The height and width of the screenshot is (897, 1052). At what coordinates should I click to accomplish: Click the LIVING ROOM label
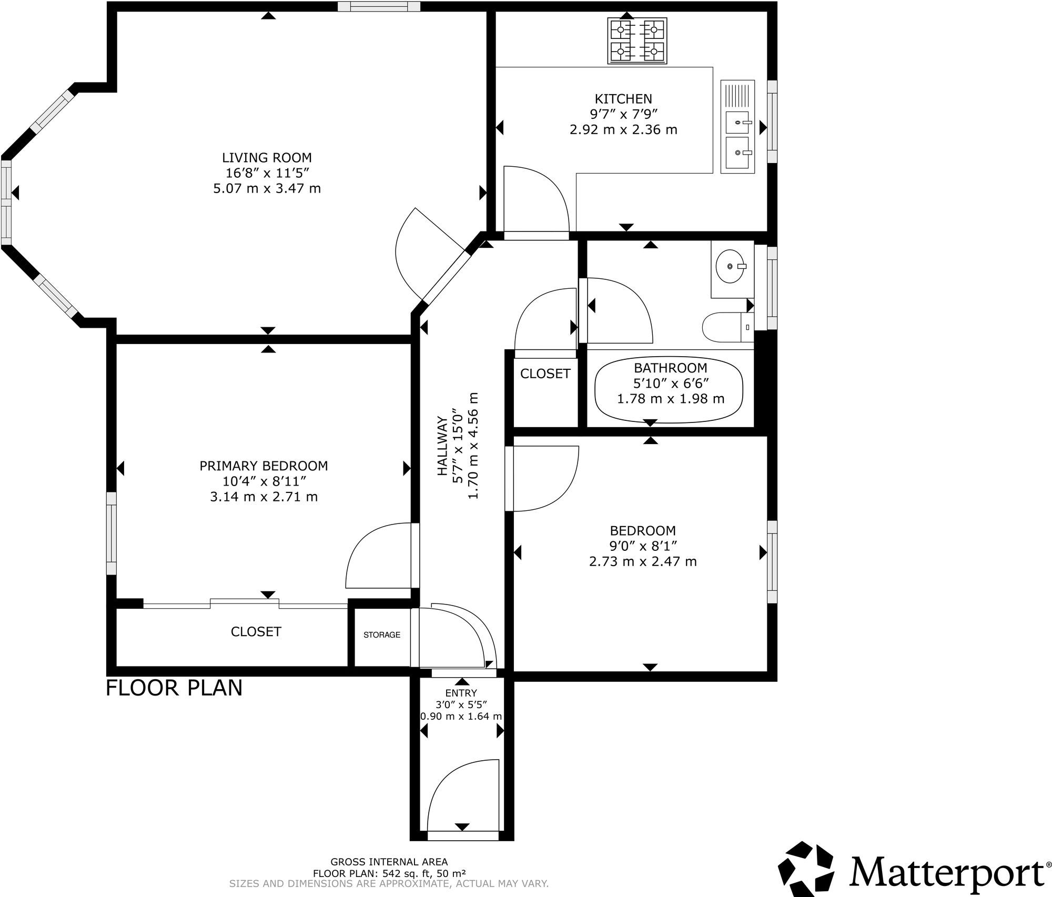coord(267,157)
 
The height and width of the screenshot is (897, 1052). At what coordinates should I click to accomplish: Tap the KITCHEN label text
coord(623,98)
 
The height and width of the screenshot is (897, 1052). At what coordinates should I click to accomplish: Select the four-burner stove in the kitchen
coord(637,41)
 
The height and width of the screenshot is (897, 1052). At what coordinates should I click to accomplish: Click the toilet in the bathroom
coord(728,326)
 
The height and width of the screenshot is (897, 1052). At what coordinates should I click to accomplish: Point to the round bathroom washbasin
coord(731,266)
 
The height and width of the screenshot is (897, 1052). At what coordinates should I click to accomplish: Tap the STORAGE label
coord(382,635)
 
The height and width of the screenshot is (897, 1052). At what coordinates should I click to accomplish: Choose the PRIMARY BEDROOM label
coord(264,466)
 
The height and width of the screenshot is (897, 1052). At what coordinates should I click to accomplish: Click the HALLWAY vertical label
coord(442,446)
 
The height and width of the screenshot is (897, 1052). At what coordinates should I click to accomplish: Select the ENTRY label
coord(461,693)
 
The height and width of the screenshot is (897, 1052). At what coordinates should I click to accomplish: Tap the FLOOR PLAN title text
coord(174,688)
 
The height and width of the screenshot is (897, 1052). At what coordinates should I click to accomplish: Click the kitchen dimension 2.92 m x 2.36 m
coord(623,129)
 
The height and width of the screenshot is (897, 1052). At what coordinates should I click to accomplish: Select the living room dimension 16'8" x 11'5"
coord(267,173)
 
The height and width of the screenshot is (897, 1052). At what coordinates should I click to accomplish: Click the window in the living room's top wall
coord(379,6)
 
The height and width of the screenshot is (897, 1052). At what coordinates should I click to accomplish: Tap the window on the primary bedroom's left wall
coord(111,533)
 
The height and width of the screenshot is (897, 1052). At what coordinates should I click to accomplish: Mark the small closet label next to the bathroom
coord(545,374)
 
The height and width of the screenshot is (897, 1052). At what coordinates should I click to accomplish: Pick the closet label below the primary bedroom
coord(256,631)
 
